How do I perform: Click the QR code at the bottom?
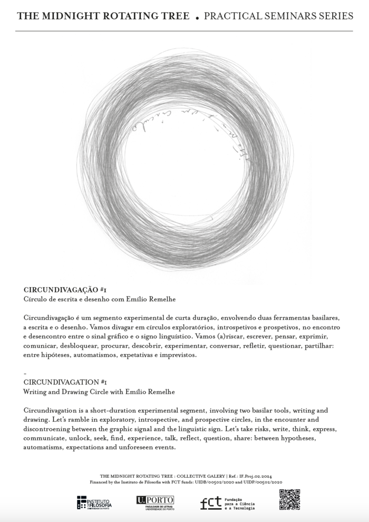[x=289, y=499]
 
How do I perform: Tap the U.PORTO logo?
[x=155, y=503]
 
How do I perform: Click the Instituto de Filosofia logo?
[x=94, y=503]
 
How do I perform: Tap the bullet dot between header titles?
[x=197, y=18]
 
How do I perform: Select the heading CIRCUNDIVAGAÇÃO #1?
[x=65, y=290]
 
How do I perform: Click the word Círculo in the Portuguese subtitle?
[x=37, y=299]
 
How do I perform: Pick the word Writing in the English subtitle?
[x=35, y=392]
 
